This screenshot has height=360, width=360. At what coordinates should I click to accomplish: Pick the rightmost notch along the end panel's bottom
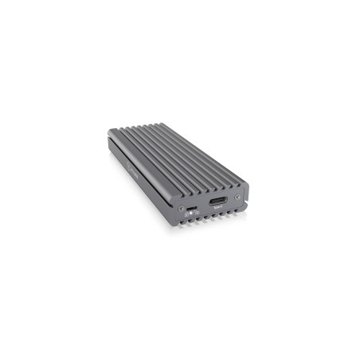pyautogui.click(x=240, y=212)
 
